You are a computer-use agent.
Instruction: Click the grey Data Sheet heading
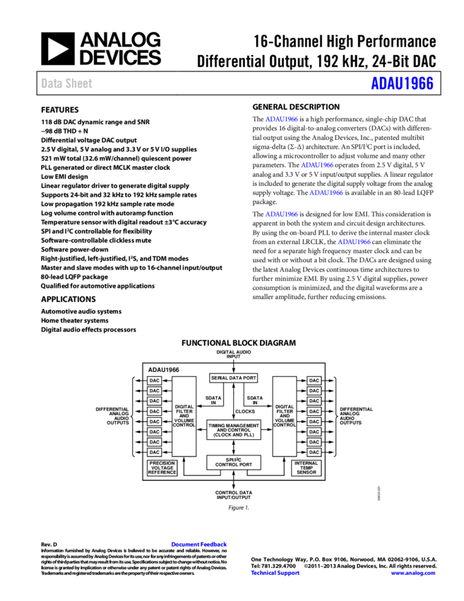[66, 83]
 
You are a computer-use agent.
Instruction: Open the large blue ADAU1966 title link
[401, 83]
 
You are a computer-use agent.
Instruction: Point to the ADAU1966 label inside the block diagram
[163, 370]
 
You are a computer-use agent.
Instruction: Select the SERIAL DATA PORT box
[233, 378]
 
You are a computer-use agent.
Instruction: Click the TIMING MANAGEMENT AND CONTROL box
[233, 430]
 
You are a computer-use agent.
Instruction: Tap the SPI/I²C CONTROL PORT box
[233, 462]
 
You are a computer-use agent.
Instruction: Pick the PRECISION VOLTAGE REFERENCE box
[162, 468]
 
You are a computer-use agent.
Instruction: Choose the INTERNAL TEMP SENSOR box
[306, 468]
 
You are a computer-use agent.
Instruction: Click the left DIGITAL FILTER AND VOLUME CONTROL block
[184, 416]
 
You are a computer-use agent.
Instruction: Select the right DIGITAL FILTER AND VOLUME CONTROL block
[284, 416]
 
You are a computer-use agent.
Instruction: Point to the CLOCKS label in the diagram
[245, 411]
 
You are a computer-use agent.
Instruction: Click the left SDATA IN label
[213, 400]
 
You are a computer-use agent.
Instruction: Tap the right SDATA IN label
[255, 400]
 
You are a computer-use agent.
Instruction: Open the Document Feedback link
[198, 544]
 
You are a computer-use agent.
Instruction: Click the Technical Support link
[275, 573]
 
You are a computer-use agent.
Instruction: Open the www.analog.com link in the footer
[413, 573]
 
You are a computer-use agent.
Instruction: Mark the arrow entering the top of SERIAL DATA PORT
[233, 369]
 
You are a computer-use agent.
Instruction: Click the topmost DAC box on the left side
[154, 380]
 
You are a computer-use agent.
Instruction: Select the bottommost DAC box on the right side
[314, 452]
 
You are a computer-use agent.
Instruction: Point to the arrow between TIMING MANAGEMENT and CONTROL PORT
[233, 448]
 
